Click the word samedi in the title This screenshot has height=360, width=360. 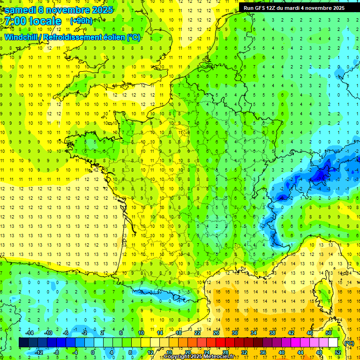coord(22,10)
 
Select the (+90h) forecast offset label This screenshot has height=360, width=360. coord(81,21)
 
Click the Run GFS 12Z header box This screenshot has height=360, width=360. coord(292,8)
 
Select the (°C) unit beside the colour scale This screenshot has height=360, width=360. coord(349,343)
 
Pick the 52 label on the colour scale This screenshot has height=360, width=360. coord(338,352)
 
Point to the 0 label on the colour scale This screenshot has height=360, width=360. coord(92,352)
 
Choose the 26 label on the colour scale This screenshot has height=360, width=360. coord(216,333)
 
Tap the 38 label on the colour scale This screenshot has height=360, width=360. coord(272,333)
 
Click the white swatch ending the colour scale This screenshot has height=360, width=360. coord(333,343)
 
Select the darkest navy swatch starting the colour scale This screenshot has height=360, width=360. coord(23,343)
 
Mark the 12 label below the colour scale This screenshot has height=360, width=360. coord(150,352)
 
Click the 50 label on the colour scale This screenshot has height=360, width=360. coord(329,333)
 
